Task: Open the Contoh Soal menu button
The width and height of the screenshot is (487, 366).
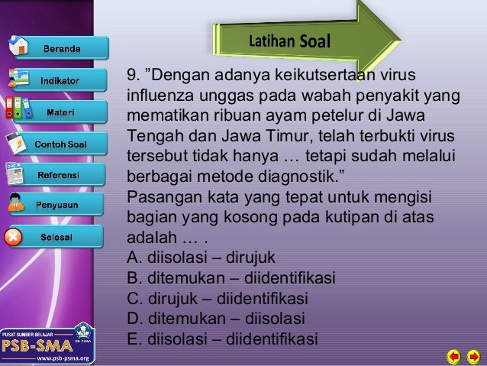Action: point(63,144)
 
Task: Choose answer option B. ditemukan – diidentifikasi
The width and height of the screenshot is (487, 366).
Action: point(231,278)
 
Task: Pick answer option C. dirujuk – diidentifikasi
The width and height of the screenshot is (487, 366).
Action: point(221,299)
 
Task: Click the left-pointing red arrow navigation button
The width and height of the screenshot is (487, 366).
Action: point(453,356)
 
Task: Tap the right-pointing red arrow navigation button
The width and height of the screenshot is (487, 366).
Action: point(472,356)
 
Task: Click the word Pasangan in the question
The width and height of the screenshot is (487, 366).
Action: point(155,196)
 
